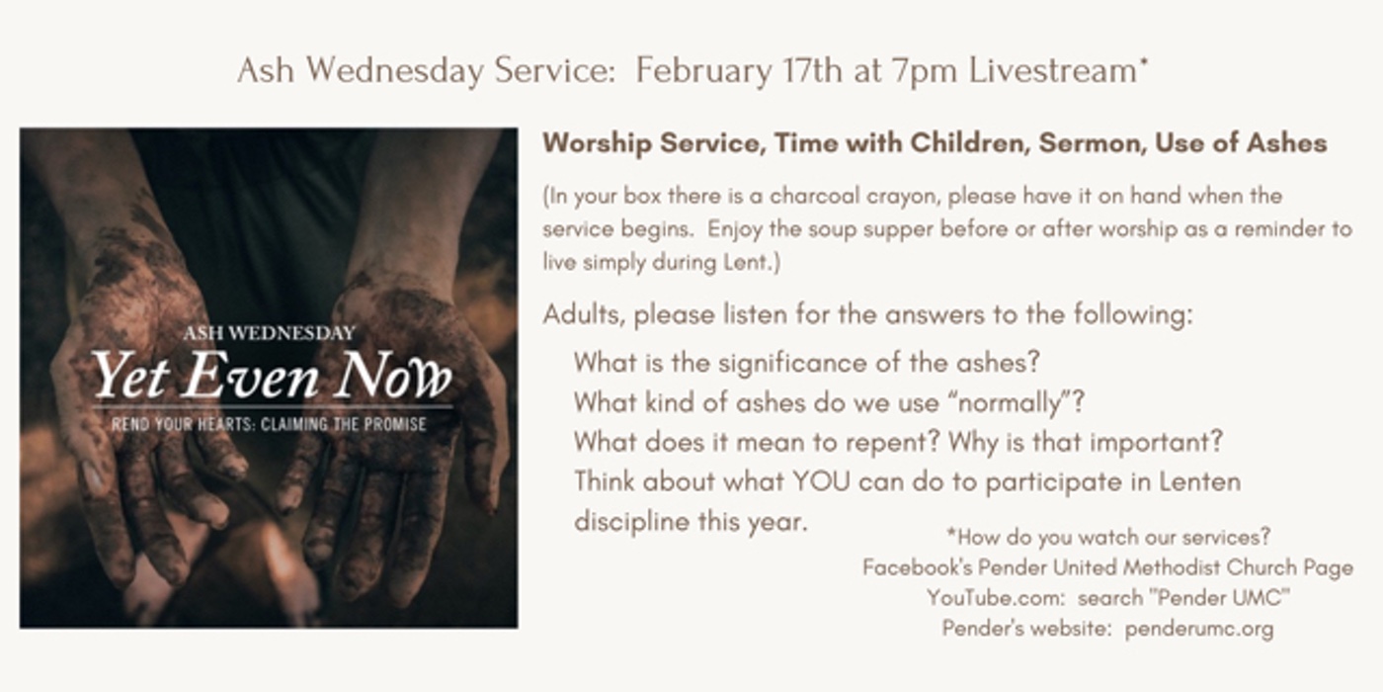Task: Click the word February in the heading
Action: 703,71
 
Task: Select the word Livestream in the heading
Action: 1053,70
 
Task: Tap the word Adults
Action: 585,314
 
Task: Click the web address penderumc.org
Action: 1199,629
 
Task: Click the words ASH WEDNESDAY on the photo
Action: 269,334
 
